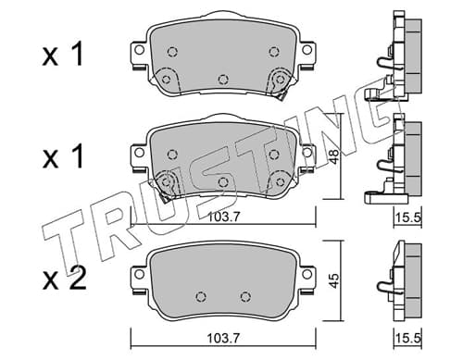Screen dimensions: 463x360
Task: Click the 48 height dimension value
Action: [x=334, y=156]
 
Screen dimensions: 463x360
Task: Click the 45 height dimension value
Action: [x=334, y=280]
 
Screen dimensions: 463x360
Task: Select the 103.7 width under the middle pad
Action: [x=223, y=217]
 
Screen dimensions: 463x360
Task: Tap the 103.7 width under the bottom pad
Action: [x=223, y=339]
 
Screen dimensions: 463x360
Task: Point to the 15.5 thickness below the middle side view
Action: [x=408, y=217]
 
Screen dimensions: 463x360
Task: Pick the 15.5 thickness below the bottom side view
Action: [x=408, y=339]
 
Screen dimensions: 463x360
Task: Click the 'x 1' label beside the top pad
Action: [x=63, y=55]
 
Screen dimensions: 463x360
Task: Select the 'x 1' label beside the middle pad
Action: [x=63, y=156]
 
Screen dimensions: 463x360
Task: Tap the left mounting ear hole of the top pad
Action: [x=139, y=50]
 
